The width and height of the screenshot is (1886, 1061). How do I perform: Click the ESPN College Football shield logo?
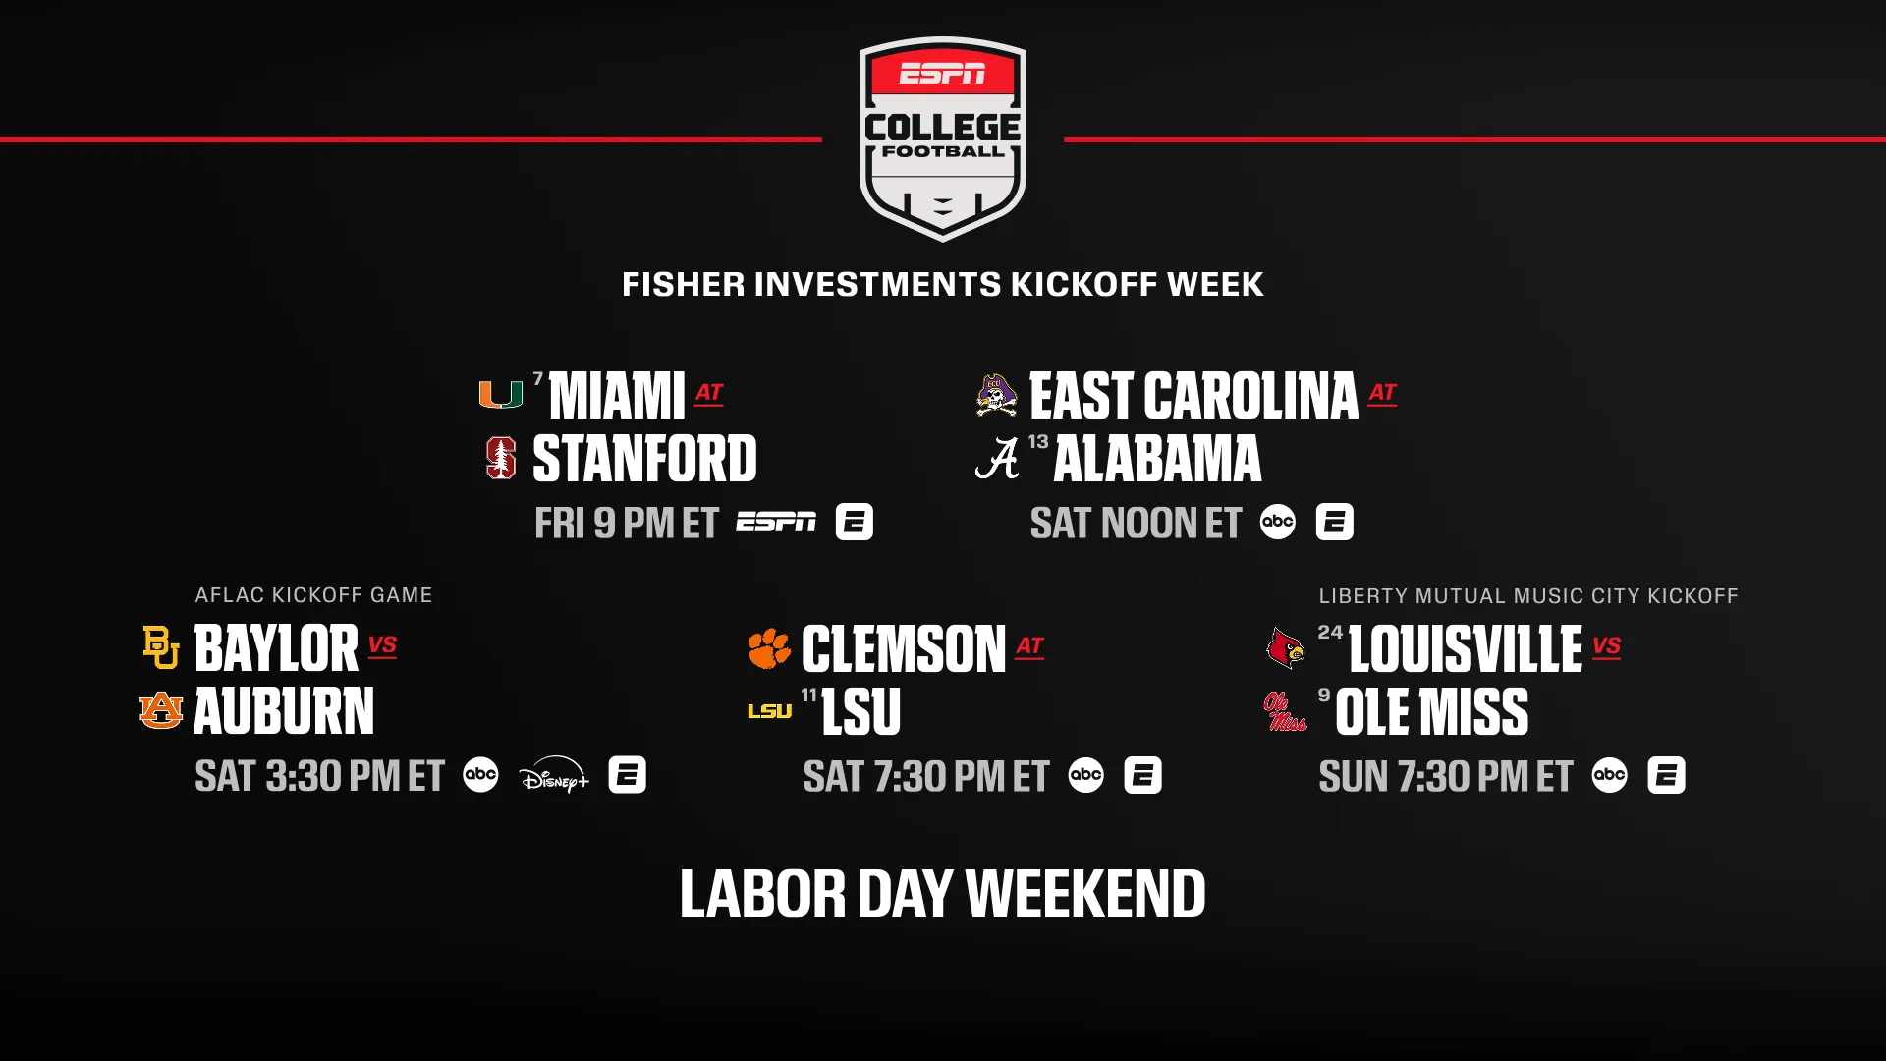[943, 139]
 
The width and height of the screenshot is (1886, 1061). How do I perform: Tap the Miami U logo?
[500, 395]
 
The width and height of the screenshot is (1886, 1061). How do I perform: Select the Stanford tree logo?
[501, 458]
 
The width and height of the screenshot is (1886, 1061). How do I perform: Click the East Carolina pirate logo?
[997, 395]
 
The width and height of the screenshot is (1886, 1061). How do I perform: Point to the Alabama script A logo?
[997, 459]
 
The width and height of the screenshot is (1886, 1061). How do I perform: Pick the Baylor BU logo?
[161, 647]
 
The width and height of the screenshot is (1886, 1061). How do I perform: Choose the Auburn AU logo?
[161, 710]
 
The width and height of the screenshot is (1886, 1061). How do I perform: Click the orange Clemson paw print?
[769, 648]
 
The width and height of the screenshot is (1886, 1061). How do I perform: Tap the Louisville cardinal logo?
[1286, 648]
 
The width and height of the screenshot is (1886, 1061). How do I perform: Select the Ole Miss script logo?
[1285, 711]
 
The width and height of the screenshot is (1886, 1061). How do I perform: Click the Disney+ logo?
[554, 775]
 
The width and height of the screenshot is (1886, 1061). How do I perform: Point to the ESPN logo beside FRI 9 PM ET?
[776, 522]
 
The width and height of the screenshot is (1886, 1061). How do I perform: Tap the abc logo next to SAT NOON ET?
[1278, 522]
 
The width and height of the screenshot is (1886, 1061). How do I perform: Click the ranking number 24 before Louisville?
[1330, 632]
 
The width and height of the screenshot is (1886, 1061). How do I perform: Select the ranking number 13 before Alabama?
[1038, 442]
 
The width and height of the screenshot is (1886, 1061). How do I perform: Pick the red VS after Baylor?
[382, 646]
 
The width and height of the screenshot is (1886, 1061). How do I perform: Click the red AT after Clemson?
[1029, 646]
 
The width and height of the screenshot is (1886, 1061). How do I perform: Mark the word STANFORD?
[644, 459]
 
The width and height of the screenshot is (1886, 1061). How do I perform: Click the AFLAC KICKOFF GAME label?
[313, 595]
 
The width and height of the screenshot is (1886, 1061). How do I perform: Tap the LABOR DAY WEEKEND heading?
[943, 894]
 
